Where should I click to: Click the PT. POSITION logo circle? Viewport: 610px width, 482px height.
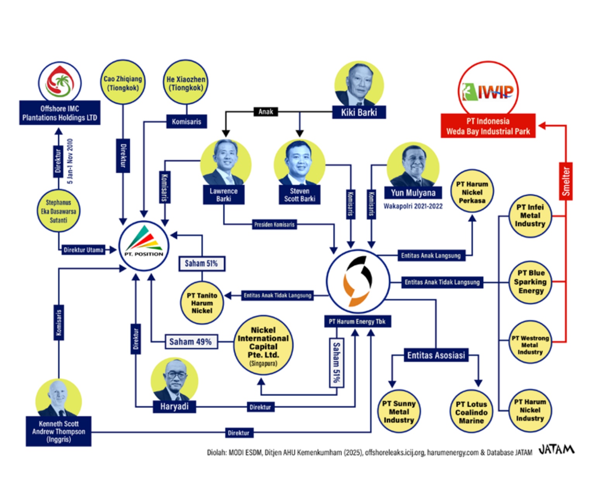(144, 246)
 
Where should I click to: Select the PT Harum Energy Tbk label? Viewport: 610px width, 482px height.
(357, 321)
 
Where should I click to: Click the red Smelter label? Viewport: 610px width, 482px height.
(565, 181)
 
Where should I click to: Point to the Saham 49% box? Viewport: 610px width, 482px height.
(191, 342)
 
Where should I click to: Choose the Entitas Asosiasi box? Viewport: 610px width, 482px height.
(436, 355)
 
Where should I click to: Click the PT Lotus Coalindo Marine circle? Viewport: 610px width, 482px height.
(471, 412)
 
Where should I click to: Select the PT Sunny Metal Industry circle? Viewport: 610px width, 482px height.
(398, 411)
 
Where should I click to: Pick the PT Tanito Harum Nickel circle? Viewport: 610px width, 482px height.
(202, 303)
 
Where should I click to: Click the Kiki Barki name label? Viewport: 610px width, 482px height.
(359, 112)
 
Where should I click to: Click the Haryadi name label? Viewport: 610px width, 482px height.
(174, 406)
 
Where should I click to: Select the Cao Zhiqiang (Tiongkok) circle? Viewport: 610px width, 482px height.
(123, 83)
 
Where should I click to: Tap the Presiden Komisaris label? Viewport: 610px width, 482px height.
(274, 224)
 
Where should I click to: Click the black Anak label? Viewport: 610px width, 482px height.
(265, 112)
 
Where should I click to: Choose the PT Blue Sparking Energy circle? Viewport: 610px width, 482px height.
(530, 282)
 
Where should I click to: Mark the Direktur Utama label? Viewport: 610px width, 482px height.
(83, 250)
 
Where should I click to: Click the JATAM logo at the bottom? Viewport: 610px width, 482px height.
(556, 450)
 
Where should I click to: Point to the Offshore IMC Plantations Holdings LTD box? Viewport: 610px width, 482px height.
(60, 113)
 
